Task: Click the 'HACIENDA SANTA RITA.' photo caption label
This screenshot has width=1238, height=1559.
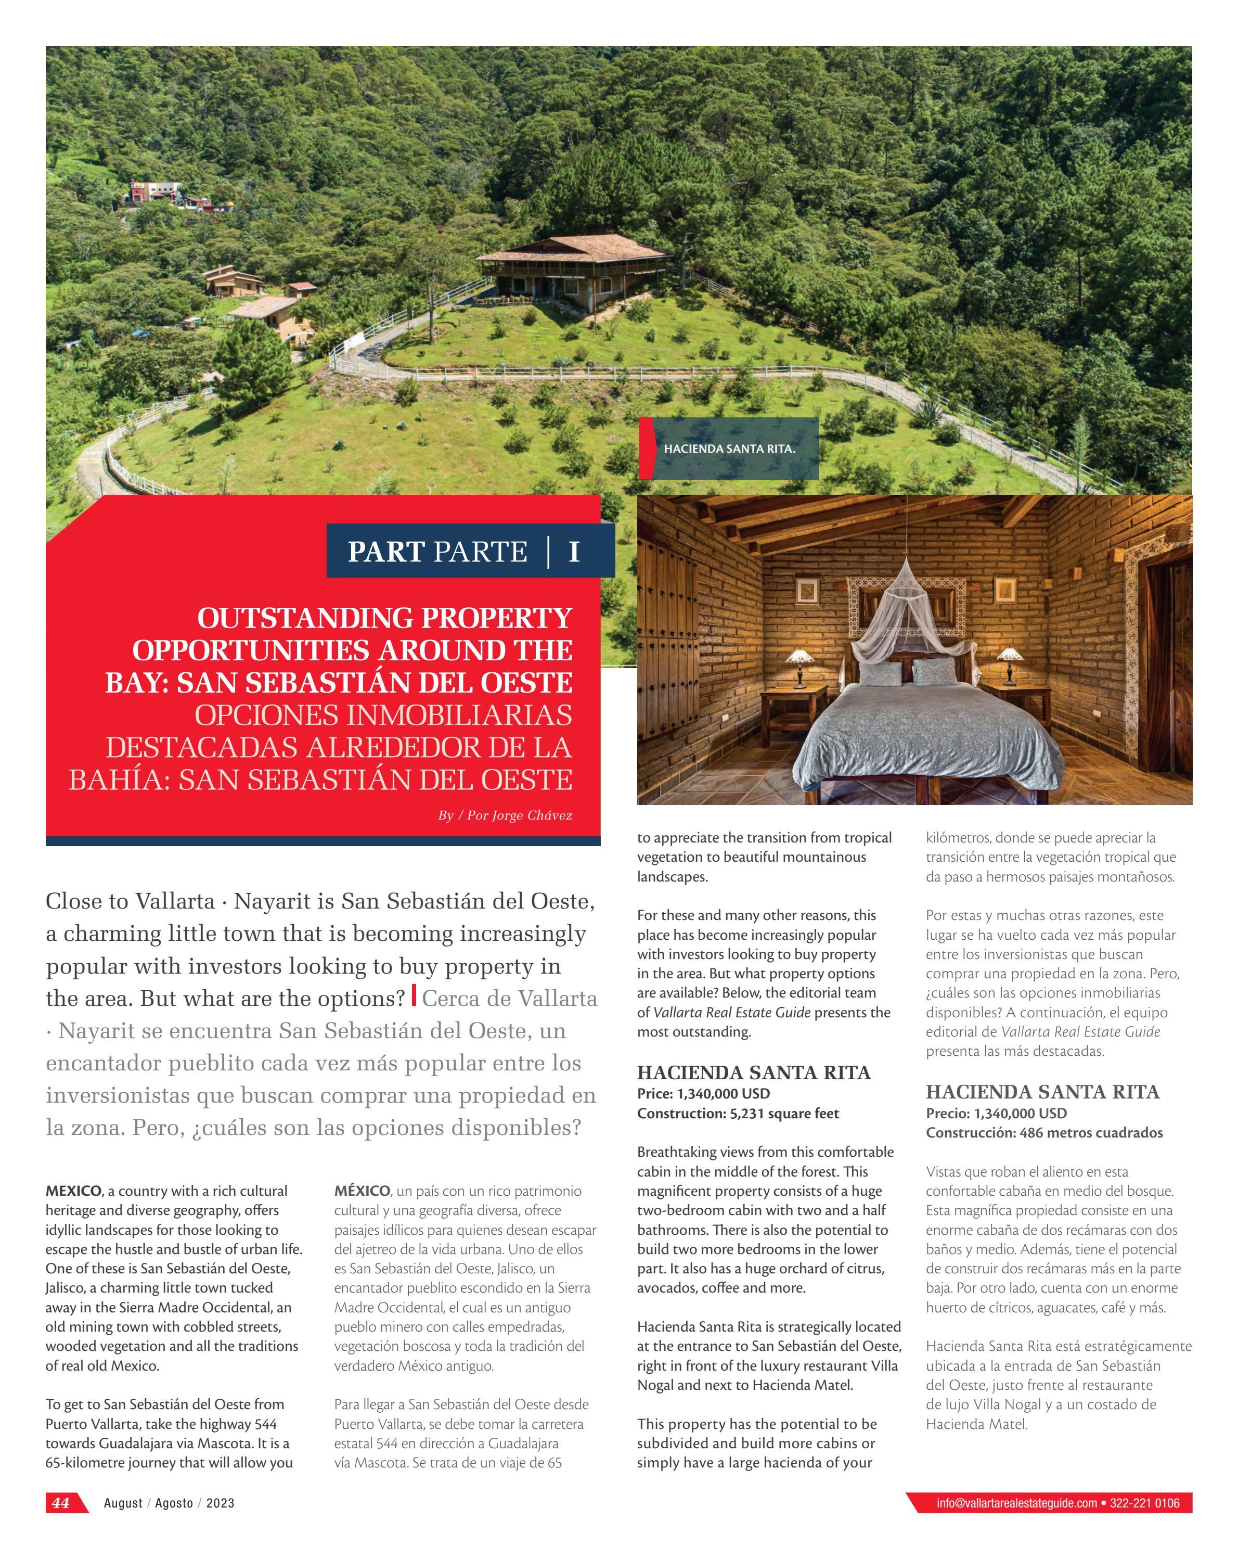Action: tap(729, 449)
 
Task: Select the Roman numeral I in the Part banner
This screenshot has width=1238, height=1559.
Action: tap(574, 552)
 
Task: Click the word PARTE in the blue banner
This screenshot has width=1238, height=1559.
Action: tap(480, 552)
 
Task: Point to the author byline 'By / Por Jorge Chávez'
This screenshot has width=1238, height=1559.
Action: tap(505, 815)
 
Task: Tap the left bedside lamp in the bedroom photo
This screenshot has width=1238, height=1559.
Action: tap(800, 665)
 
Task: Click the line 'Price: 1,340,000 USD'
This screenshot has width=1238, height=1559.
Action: tap(703, 1093)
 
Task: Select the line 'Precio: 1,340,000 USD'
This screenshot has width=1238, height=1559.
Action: tap(996, 1113)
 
